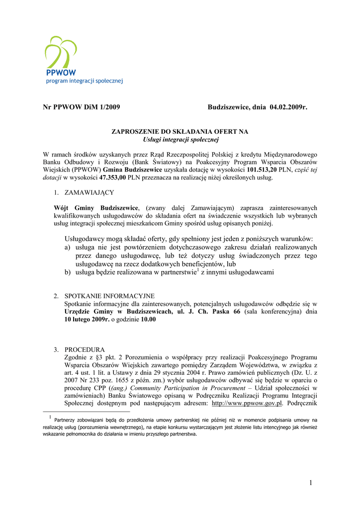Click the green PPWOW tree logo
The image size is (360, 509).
coord(60,53)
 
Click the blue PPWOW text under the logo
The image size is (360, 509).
coord(58,73)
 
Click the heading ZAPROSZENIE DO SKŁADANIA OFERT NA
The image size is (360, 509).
coord(180,132)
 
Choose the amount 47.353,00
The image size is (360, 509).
coord(113,177)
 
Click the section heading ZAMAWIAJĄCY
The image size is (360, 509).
coord(89,192)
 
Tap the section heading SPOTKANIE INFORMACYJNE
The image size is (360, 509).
coord(109,296)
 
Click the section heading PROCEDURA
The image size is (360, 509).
coord(85,349)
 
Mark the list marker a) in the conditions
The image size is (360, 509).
coord(67,247)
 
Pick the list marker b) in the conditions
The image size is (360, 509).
coord(67,272)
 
